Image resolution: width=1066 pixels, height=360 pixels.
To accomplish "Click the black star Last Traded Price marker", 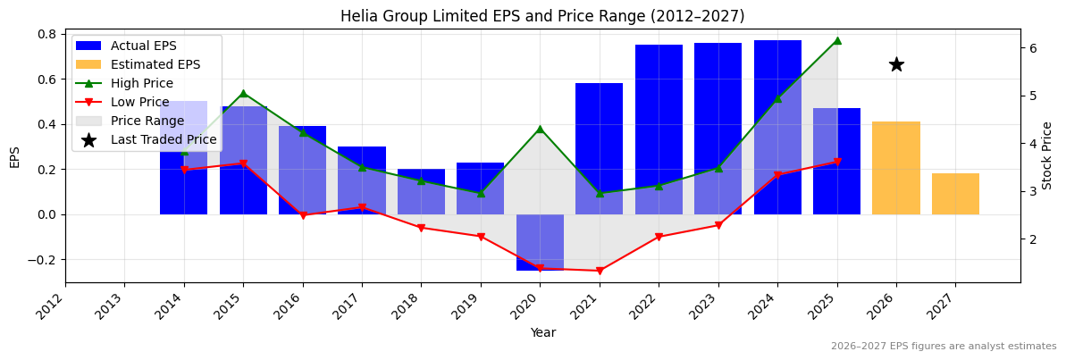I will [x=896, y=64].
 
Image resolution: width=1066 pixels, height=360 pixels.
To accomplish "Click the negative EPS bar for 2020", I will [x=540, y=242].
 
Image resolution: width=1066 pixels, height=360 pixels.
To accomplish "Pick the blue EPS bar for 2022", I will [x=659, y=130].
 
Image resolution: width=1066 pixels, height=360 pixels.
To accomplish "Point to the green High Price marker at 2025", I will [x=837, y=40].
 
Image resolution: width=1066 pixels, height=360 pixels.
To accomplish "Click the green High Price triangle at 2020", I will [x=540, y=129].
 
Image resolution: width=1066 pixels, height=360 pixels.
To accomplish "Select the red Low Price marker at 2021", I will [x=600, y=271].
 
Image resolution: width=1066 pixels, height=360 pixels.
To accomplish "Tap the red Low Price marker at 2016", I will [x=303, y=215].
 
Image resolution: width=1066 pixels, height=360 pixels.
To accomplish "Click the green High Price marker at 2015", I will [x=243, y=93].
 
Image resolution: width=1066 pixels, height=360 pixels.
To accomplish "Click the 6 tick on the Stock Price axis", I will [x=1033, y=48].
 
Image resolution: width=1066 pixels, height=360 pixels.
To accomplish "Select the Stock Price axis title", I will [x=1047, y=155].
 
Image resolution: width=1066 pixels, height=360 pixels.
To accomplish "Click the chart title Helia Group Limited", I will [x=541, y=16].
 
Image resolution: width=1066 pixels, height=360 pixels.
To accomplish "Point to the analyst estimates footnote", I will [x=943, y=347].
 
